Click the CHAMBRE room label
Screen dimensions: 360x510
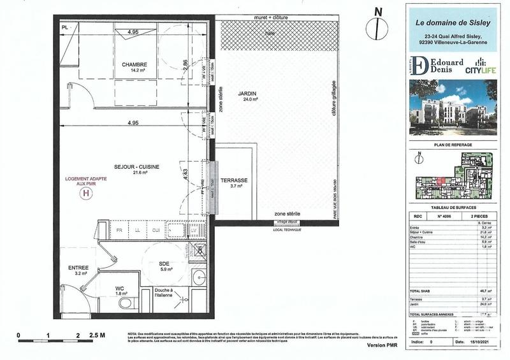pyautogui.click(x=135, y=64)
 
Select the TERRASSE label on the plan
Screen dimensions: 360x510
pyautogui.click(x=233, y=180)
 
